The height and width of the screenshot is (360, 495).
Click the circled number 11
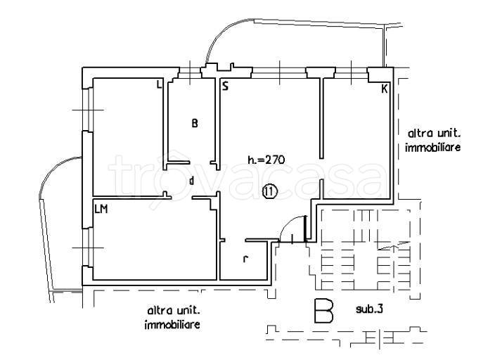pos(269,191)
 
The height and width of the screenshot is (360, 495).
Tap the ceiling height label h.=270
pos(266,160)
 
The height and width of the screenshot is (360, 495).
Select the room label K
pos(384,89)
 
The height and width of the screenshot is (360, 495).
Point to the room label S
pos(225,86)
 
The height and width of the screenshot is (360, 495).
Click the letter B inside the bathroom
pos(195,123)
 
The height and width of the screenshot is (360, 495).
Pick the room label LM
pos(101,209)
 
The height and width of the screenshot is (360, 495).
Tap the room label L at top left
pos(159,84)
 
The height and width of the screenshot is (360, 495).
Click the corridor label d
pos(191,181)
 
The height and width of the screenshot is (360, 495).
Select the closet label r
pos(245,259)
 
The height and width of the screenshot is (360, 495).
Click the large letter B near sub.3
pos(324,311)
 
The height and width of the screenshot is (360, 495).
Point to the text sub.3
pos(369,309)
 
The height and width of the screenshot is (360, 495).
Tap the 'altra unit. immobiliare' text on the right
pos(433,141)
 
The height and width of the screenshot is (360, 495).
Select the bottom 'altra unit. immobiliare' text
pos(172,318)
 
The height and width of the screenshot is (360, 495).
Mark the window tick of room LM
pos(88,247)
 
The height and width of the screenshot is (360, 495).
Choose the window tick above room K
pos(351,72)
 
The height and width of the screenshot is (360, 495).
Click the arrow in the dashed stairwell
pos(394,246)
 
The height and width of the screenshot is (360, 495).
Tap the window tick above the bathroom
pos(190,73)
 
